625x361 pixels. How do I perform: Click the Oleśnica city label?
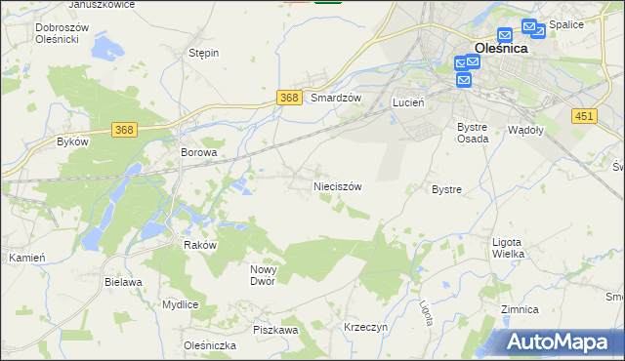(500, 47)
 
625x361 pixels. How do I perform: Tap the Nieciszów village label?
(338, 185)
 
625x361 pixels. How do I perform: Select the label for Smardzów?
(336, 99)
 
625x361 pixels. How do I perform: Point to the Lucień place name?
(406, 101)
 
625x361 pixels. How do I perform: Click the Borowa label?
(198, 153)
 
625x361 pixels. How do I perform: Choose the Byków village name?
(72, 141)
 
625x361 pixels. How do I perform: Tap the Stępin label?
(203, 54)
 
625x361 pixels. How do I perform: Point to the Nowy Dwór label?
(264, 275)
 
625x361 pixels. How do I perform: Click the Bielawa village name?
(123, 282)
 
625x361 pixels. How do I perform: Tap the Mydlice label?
(181, 304)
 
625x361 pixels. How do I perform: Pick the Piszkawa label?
(274, 331)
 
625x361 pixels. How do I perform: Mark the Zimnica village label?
(520, 309)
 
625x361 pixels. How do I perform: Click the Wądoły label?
(526, 129)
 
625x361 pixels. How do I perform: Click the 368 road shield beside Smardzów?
(288, 98)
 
